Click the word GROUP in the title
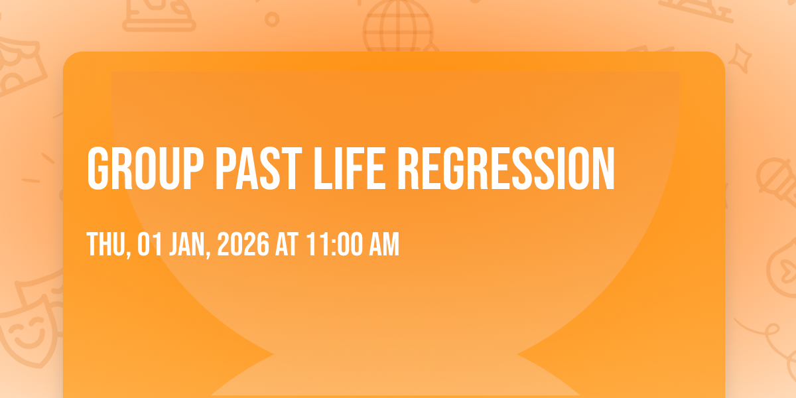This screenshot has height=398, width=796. point(145,168)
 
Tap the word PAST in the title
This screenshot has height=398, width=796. point(259,168)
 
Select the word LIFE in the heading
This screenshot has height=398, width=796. point(350,168)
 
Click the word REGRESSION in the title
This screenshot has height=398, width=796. point(506,168)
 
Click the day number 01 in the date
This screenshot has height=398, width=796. point(150,244)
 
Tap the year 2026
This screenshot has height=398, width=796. point(243,244)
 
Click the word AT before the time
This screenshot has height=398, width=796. point(287,244)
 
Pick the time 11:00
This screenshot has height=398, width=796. point(334,244)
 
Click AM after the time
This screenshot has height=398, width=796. point(384,244)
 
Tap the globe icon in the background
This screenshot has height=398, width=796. point(398,25)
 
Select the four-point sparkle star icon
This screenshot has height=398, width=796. point(740,59)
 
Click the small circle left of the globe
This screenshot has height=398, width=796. point(272,19)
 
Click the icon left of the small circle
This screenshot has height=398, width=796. point(159,14)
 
